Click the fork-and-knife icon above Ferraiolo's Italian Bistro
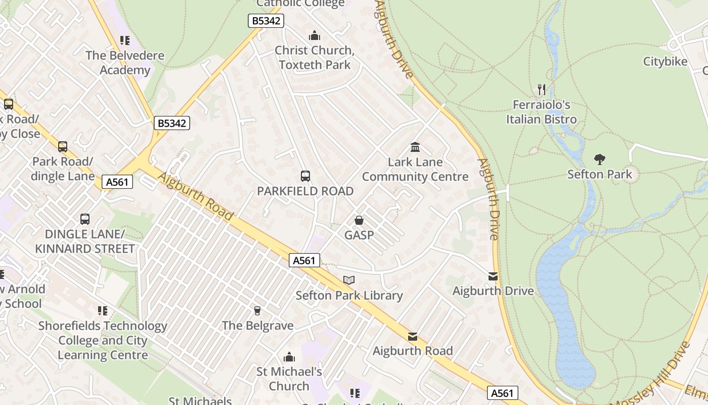point(542,90)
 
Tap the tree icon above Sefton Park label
point(600,159)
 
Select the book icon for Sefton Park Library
point(349,280)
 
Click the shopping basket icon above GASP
point(359,220)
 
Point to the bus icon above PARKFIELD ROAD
point(305,176)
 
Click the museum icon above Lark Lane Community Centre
point(415,147)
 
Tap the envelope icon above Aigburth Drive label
point(493,276)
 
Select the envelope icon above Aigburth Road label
point(413,336)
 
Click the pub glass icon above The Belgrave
point(257,310)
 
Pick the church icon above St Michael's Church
point(289,357)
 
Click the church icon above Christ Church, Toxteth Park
point(315,35)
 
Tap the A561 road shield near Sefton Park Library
point(304,260)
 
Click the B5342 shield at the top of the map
point(266,21)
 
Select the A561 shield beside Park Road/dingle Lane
point(117,182)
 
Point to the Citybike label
point(665,62)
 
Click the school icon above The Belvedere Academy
point(125,40)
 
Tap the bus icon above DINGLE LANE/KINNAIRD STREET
point(85,219)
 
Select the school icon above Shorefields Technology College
point(103,310)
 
